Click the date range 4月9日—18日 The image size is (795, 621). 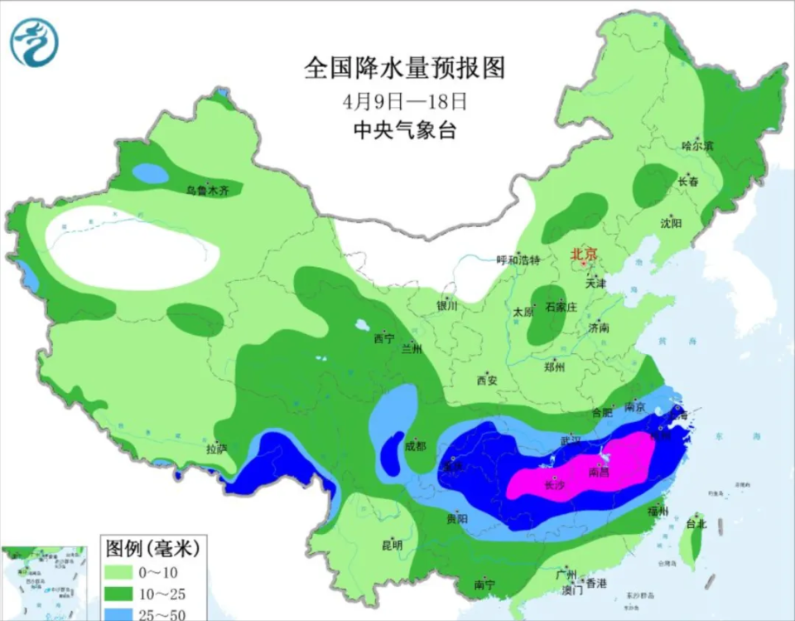point(404,102)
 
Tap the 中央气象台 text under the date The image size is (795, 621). point(404,130)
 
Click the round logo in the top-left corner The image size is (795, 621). point(34,42)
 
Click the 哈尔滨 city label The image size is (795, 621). point(696,146)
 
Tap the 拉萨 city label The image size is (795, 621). point(216,449)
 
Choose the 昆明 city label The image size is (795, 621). point(392,545)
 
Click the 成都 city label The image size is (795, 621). point(415,446)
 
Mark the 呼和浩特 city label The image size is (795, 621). point(518,260)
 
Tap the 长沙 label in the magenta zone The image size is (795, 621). point(554,486)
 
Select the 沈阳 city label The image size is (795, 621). point(671,223)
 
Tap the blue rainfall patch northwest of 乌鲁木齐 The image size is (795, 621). point(149,173)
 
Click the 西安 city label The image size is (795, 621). point(486,381)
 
